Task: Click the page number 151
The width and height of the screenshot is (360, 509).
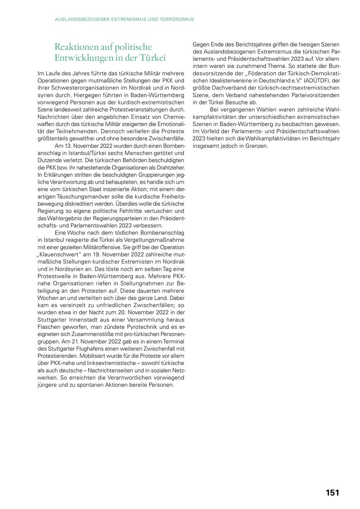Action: [x=332, y=493]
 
